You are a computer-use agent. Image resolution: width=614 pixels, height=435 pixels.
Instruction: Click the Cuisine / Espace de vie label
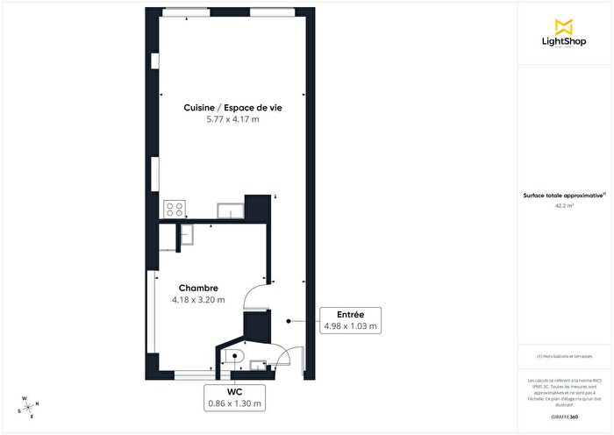click(x=232, y=107)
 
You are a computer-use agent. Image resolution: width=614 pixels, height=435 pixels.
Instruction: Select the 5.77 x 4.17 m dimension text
click(x=232, y=119)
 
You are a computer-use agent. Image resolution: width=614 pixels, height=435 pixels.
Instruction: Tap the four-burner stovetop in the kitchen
click(x=174, y=210)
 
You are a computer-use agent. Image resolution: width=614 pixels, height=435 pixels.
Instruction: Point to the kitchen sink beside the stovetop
click(x=230, y=210)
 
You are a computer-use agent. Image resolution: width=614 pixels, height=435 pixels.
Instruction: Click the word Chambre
click(x=198, y=288)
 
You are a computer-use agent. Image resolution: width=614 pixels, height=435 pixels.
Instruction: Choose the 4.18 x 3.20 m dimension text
click(x=198, y=300)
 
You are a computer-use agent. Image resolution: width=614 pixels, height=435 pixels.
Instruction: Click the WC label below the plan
click(x=234, y=391)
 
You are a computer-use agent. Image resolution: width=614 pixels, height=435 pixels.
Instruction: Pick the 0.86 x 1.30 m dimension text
click(x=234, y=403)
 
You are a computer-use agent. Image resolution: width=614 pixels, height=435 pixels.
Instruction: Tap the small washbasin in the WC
click(x=257, y=364)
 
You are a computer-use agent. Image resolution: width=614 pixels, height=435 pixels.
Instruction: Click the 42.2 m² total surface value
click(x=564, y=206)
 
